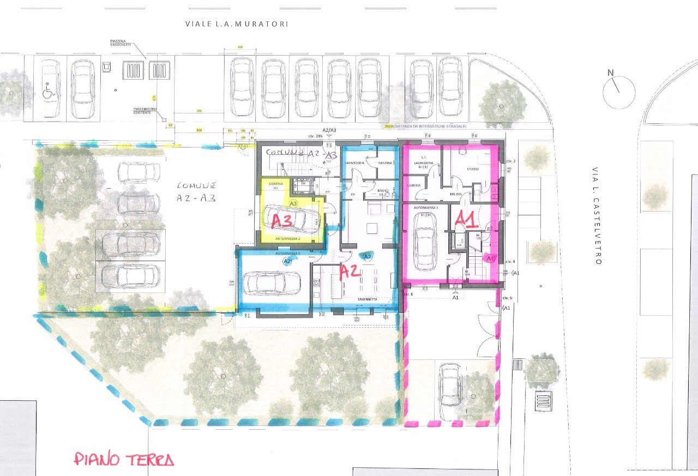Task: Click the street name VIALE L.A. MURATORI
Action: (236, 24)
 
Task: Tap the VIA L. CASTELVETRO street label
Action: (598, 215)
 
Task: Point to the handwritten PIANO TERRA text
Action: (124, 459)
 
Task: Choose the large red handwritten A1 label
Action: (467, 218)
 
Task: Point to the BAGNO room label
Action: (384, 191)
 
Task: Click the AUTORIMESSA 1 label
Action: (426, 208)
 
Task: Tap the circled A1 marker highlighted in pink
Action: (489, 258)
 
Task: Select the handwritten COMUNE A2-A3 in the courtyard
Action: (196, 191)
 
